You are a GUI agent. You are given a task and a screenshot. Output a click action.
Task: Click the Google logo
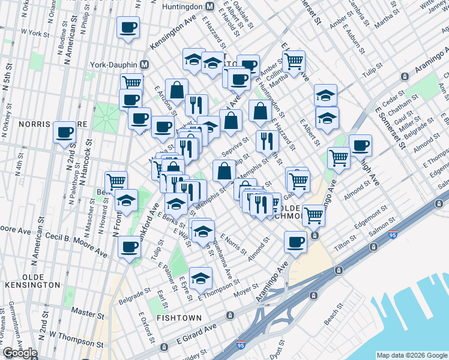tap(20, 353)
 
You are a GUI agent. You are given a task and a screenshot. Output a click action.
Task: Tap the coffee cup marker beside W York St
tap(128, 28)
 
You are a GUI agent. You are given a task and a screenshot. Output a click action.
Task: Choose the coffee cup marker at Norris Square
tap(64, 133)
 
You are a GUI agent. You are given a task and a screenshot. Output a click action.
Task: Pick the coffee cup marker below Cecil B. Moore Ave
tap(128, 247)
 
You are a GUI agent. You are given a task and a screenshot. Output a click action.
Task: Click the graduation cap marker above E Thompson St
tap(200, 277)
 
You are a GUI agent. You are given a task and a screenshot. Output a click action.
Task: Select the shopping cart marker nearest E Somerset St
tap(294, 61)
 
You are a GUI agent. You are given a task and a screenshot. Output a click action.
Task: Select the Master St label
tap(83, 312)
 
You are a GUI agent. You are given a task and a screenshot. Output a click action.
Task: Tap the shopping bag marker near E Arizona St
tap(176, 91)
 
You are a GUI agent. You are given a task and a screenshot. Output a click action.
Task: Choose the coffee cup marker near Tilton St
tap(294, 242)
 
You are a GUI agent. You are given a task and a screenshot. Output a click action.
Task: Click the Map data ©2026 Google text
tap(411, 355)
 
